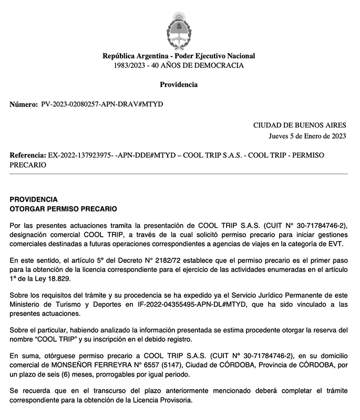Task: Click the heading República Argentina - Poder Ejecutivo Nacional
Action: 179,56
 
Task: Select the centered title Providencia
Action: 179,85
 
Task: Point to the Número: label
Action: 24,104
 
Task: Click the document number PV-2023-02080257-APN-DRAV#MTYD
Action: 102,104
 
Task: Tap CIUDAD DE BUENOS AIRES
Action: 300,125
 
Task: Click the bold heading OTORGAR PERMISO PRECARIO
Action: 63,208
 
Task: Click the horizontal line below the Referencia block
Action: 179,174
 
